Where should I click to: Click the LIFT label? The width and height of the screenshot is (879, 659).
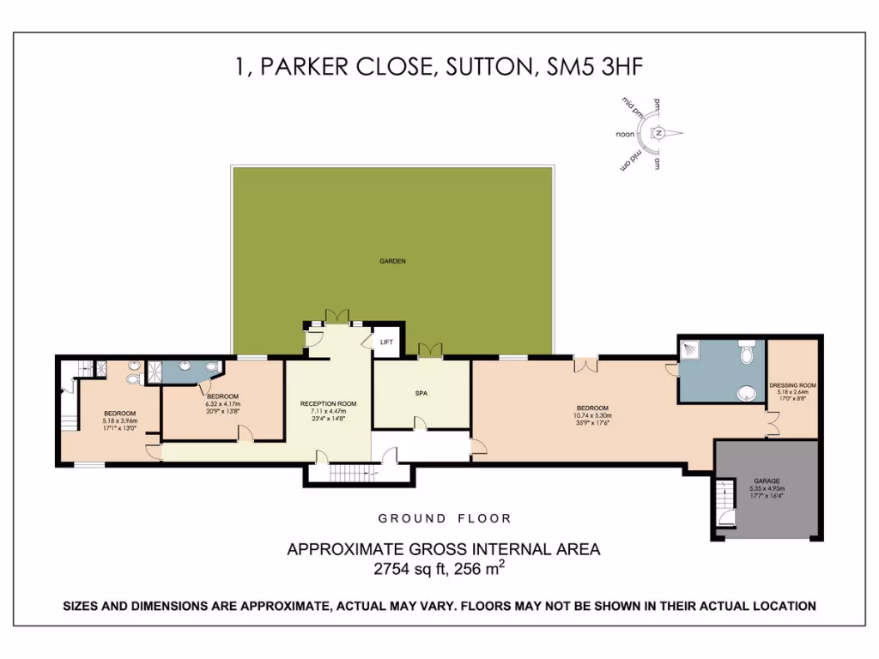387,342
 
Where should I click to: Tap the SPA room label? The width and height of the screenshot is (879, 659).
421,393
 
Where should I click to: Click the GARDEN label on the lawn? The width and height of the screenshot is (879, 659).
393,261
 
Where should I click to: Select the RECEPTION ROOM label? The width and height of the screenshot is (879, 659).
328,403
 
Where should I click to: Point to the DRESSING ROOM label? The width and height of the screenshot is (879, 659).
792,385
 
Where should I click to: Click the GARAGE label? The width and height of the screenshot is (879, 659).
767,481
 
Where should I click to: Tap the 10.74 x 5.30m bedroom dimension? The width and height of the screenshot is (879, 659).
592,415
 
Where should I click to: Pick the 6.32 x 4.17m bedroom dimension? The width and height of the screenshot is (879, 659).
222,403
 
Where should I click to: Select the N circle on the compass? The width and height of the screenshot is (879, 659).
658,133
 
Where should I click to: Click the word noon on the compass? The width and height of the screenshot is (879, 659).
625,135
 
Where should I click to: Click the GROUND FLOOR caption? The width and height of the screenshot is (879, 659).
445,518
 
